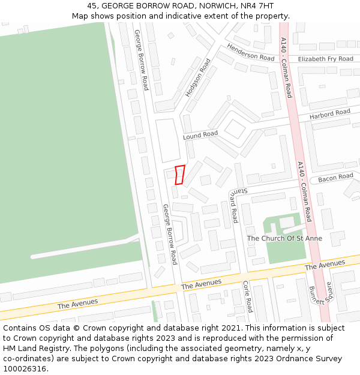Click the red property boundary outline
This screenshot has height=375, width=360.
[x=179, y=175]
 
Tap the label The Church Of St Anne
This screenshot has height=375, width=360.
[x=284, y=238]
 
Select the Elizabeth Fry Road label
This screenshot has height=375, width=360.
[x=326, y=59]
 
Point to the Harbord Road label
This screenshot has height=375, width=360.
[x=329, y=113]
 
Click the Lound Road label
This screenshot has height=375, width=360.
[x=200, y=135]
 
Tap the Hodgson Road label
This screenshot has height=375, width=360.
[x=198, y=77]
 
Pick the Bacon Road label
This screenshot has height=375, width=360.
[x=335, y=178]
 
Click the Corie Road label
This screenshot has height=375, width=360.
[x=247, y=296]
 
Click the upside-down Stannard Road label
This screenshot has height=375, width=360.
[x=232, y=205]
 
